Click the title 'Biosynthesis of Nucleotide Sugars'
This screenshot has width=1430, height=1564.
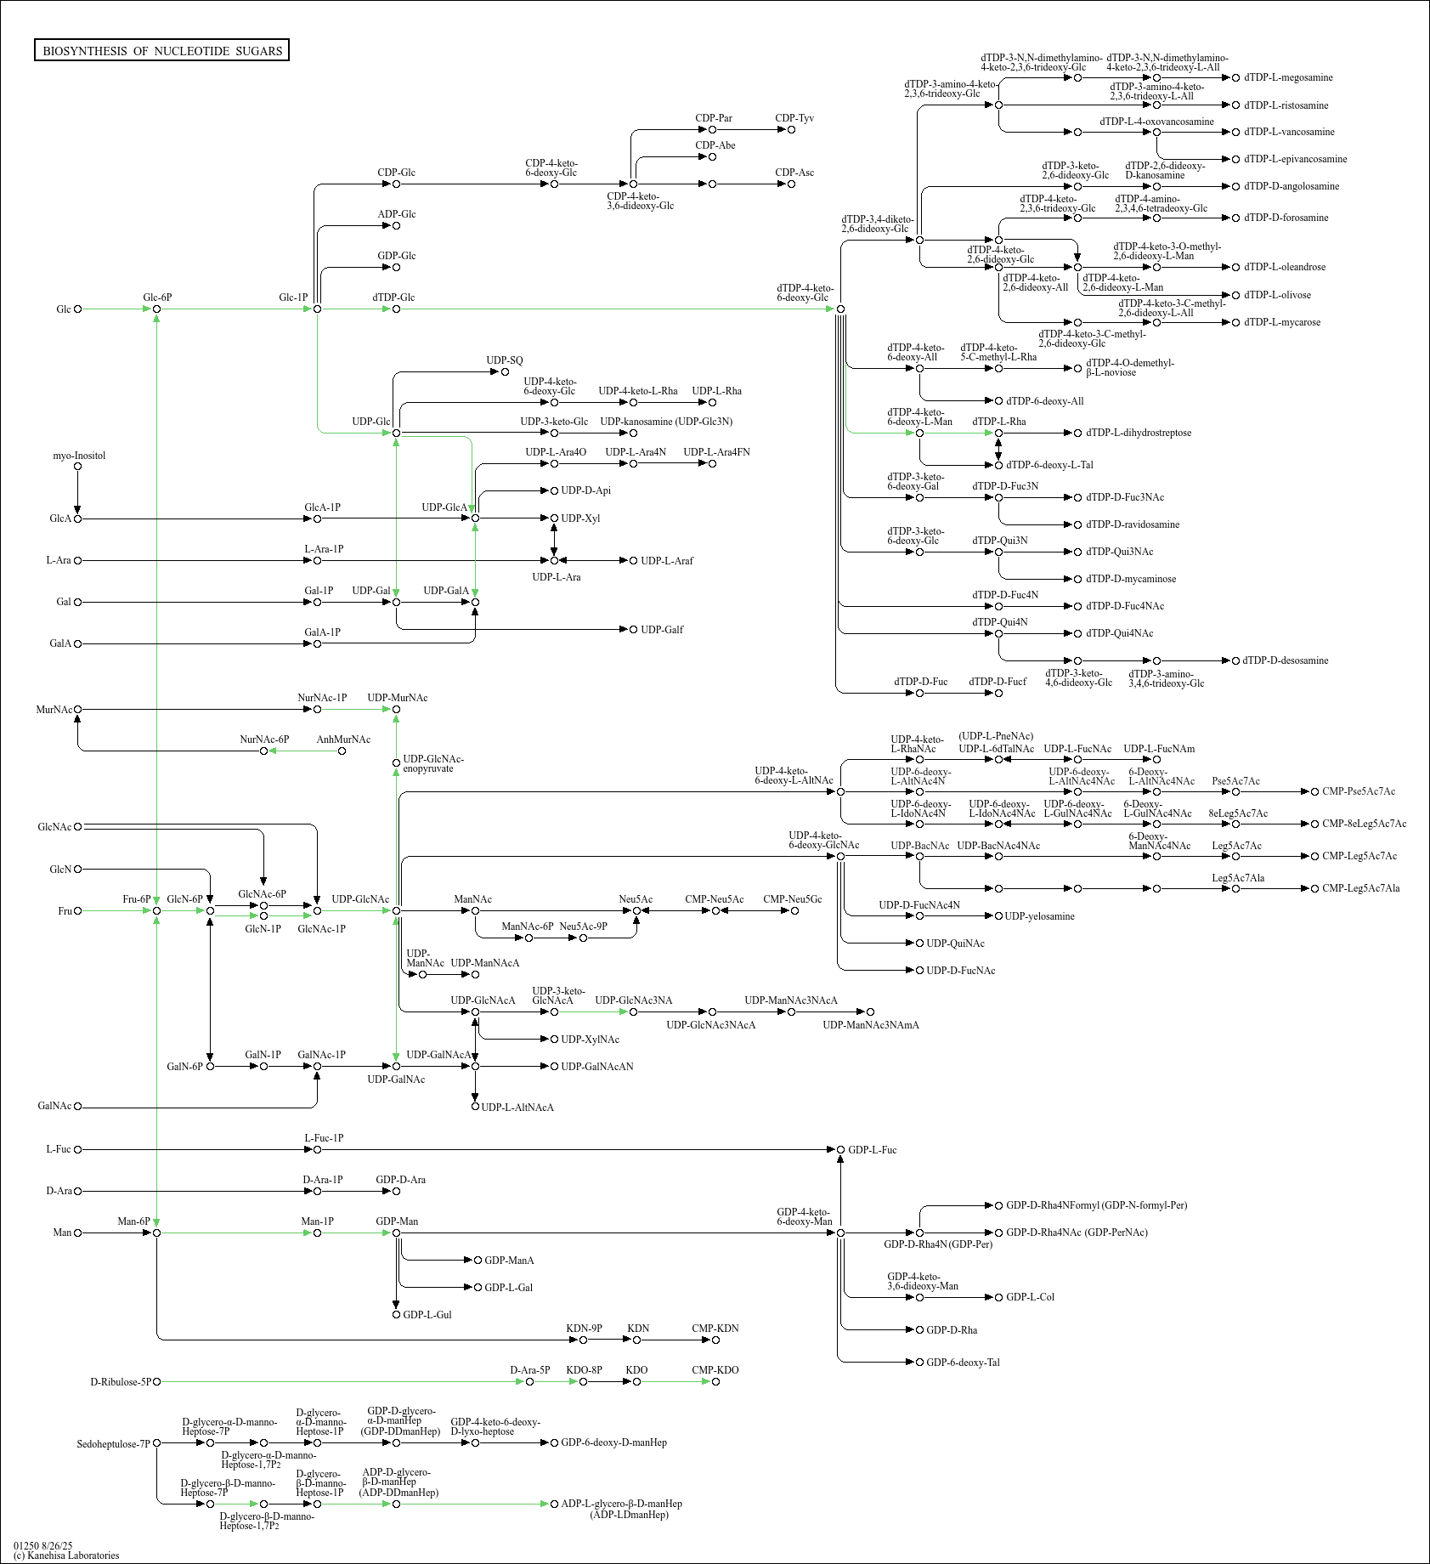161,51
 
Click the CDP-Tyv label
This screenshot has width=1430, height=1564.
794,118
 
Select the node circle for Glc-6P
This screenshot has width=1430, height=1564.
157,309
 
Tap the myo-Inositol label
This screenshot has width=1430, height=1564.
79,456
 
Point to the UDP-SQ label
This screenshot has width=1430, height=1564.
505,360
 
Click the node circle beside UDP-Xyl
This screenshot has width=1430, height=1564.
554,518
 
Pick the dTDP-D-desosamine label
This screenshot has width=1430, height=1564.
1286,660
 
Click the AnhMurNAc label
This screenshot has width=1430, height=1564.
343,739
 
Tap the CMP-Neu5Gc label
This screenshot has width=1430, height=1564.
792,899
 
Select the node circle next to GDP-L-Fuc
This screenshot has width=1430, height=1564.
840,1150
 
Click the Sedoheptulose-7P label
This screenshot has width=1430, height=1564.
113,1444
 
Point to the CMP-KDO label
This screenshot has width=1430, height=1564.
715,1370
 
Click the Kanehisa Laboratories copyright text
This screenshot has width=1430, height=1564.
66,1555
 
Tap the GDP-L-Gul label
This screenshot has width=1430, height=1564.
427,1315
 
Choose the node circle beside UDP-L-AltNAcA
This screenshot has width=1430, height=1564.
475,1107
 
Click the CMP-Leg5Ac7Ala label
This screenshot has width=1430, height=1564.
1360,888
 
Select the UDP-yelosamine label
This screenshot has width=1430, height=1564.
1039,916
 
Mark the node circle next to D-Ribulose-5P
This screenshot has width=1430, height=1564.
157,1382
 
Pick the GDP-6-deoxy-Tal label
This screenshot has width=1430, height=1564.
963,1363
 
